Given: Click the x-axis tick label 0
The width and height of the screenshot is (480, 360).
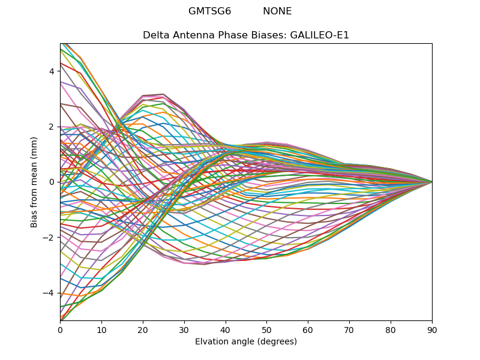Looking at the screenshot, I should [x=60, y=329].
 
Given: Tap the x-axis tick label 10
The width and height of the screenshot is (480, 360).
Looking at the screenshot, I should [x=101, y=329].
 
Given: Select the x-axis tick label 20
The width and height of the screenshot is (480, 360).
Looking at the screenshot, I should [x=143, y=329].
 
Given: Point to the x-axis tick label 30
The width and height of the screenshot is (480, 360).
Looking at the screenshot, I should [x=184, y=329].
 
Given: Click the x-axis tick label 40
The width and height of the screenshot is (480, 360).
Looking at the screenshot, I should [x=226, y=329].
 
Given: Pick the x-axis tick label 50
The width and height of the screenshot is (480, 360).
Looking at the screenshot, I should [x=266, y=329].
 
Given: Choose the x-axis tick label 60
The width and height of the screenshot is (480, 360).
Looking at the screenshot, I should [x=308, y=329].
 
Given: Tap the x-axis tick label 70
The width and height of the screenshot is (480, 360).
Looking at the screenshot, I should [x=349, y=329].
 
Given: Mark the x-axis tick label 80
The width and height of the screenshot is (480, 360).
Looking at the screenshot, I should [x=391, y=329].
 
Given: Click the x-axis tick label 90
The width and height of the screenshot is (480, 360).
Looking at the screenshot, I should [x=432, y=329].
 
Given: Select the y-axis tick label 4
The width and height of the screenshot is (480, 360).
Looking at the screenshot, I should [x=52, y=71].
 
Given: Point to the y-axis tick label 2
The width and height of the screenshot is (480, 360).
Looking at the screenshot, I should [x=52, y=127].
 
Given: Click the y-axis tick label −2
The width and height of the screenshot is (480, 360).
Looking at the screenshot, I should [x=49, y=238].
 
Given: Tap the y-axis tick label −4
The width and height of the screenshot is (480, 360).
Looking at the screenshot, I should [x=49, y=293].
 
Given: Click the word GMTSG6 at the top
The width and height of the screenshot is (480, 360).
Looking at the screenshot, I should [x=209, y=11].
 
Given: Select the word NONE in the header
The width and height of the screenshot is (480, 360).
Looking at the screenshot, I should [x=277, y=11].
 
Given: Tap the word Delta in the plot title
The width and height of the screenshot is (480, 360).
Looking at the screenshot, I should [x=155, y=35].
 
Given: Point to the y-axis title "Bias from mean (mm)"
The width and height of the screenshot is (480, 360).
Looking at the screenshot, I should [x=35, y=182].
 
